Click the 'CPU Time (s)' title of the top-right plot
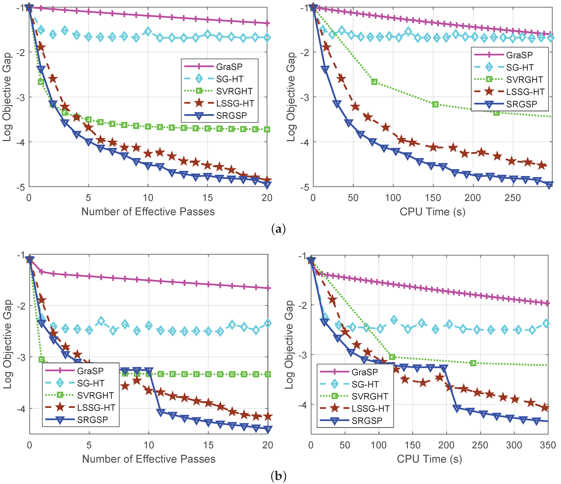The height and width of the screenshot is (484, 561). (x=432, y=212)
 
